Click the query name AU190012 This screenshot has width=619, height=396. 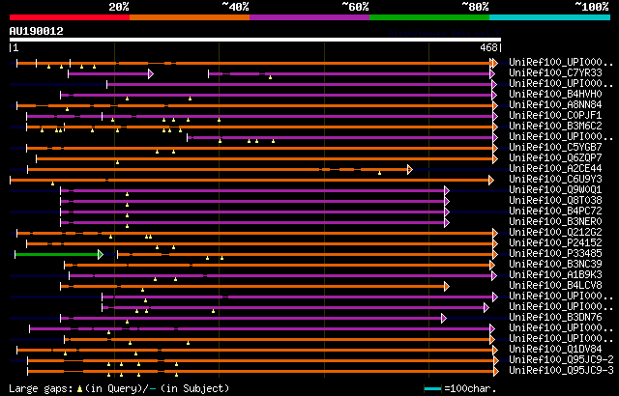(37, 31)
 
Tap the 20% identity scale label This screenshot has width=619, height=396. (119, 7)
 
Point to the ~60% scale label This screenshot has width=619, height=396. (355, 7)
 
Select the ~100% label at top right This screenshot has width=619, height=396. (591, 7)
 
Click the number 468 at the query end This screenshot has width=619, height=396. (488, 46)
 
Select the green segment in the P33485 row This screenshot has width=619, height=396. (58, 254)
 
